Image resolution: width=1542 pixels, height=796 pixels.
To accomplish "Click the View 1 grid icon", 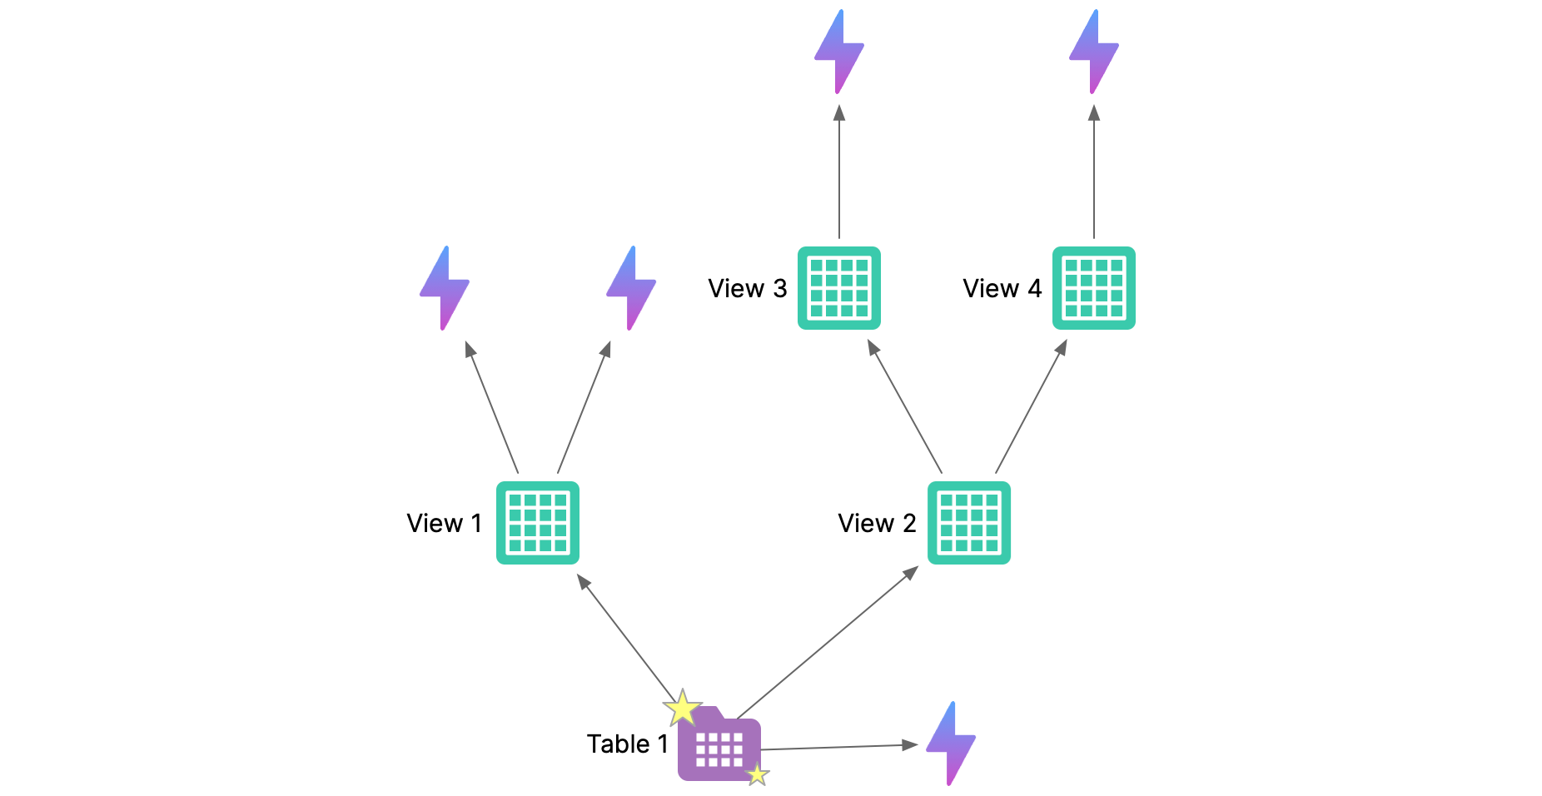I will [538, 523].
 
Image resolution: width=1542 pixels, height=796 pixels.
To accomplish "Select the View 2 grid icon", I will [969, 523].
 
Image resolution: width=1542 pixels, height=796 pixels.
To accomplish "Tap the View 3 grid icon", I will [839, 288].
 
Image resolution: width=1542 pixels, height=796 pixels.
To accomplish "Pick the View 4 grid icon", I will [1094, 288].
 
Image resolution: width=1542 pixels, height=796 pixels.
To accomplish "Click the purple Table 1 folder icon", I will [719, 746].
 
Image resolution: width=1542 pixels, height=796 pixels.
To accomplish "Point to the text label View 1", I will [445, 524].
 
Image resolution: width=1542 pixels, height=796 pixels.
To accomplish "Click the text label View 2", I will [877, 524].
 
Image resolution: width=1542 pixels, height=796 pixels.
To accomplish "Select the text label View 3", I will [747, 289].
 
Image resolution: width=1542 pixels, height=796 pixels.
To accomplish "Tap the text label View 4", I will [1002, 289].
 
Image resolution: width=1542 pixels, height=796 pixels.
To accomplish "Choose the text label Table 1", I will [627, 744].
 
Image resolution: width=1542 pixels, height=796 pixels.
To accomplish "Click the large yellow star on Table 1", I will [683, 708].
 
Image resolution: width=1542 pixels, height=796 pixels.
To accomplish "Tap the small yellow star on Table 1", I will [757, 775].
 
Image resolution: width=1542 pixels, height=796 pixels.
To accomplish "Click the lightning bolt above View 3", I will [839, 52].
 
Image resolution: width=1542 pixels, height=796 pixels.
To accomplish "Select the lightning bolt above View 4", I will [1094, 52].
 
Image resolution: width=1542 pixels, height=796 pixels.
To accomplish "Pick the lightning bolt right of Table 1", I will [951, 743].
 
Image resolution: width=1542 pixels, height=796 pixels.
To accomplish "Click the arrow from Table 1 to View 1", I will [626, 638].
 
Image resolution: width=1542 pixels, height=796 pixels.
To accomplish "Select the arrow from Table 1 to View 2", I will [828, 642].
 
